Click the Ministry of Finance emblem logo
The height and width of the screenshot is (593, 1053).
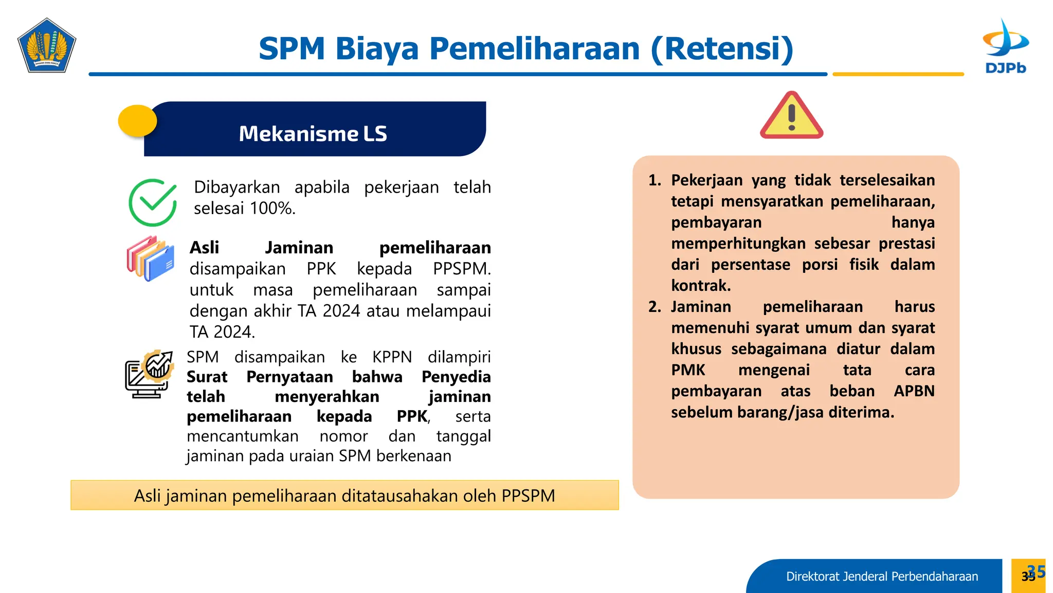pos(47,45)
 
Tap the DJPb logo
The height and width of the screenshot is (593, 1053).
pos(1005,46)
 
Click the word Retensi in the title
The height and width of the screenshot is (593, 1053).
pos(722,49)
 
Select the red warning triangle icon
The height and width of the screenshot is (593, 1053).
pos(791,116)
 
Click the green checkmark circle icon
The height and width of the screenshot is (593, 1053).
pos(153,202)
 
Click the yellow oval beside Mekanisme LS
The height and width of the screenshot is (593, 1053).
pos(137,121)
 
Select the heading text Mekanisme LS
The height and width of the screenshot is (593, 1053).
pos(313,134)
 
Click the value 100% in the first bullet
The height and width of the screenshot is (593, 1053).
pos(272,208)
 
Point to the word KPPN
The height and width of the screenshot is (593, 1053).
pos(392,357)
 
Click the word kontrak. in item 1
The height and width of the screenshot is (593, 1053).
pos(701,286)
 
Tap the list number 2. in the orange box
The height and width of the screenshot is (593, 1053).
pos(655,307)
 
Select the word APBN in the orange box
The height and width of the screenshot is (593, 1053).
pos(914,391)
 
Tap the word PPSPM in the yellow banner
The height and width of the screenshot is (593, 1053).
pos(528,496)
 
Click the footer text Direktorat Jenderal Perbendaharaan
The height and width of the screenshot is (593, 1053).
pos(882,577)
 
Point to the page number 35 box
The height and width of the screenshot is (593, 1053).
pos(1028,575)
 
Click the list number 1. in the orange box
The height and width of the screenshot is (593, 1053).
pos(655,180)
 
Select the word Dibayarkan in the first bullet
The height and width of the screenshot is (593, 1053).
pos(237,187)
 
